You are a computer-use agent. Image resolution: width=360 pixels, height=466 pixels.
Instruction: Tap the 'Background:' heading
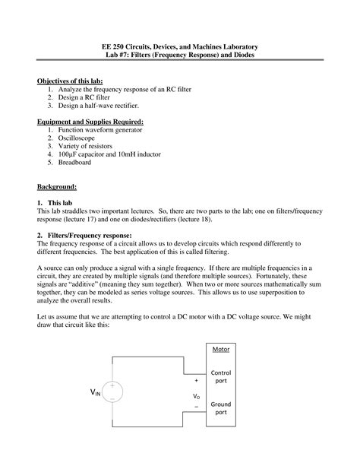click(x=58, y=186)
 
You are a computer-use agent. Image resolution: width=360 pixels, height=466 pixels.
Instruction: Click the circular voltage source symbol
click(x=112, y=392)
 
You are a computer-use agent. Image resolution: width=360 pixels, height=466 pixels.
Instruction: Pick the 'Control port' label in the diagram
click(x=221, y=378)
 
